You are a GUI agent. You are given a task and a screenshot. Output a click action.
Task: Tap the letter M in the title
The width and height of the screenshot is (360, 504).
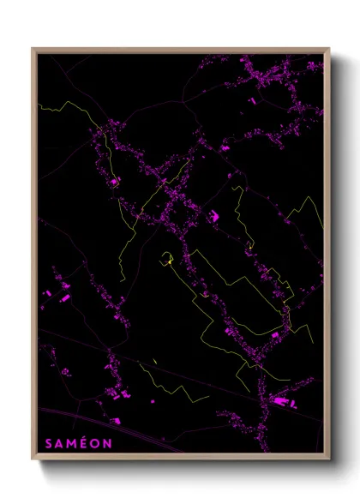tap(69, 444)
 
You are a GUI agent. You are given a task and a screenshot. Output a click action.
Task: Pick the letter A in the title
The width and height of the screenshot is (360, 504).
tap(57, 444)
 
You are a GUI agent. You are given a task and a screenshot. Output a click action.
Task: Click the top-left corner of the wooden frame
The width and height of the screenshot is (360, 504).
tap(33, 49)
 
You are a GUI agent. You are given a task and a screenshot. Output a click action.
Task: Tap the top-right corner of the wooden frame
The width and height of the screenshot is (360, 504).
tap(329, 49)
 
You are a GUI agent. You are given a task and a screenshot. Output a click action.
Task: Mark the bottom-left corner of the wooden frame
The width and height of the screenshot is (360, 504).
tap(33, 460)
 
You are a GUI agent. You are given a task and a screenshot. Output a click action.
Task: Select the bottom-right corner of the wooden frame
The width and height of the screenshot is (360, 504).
tap(329, 460)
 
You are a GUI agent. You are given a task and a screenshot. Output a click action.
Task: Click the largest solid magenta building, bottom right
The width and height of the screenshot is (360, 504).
tap(280, 399)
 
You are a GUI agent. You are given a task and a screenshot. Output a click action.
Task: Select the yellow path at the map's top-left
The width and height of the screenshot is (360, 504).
tap(64, 106)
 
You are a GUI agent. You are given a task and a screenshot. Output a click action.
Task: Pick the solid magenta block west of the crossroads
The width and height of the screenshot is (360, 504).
tap(114, 181)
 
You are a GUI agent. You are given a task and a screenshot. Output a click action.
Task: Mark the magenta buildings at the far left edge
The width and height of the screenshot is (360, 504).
tap(62, 287)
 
